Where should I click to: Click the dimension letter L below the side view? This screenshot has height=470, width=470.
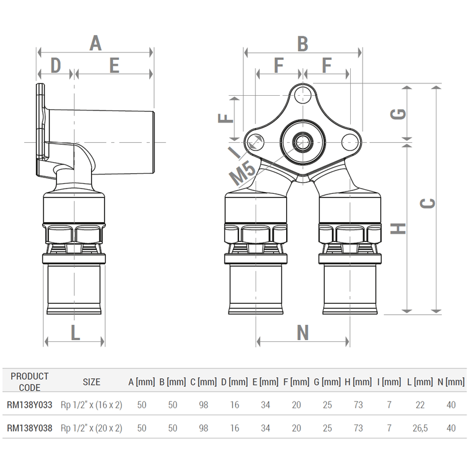75,333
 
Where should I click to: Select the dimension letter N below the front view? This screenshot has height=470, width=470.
303,333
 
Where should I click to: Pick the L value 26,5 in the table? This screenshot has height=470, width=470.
419,428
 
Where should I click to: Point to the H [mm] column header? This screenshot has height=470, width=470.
358,382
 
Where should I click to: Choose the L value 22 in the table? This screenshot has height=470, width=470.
419,405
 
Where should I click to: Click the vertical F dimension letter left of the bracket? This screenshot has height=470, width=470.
226,116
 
